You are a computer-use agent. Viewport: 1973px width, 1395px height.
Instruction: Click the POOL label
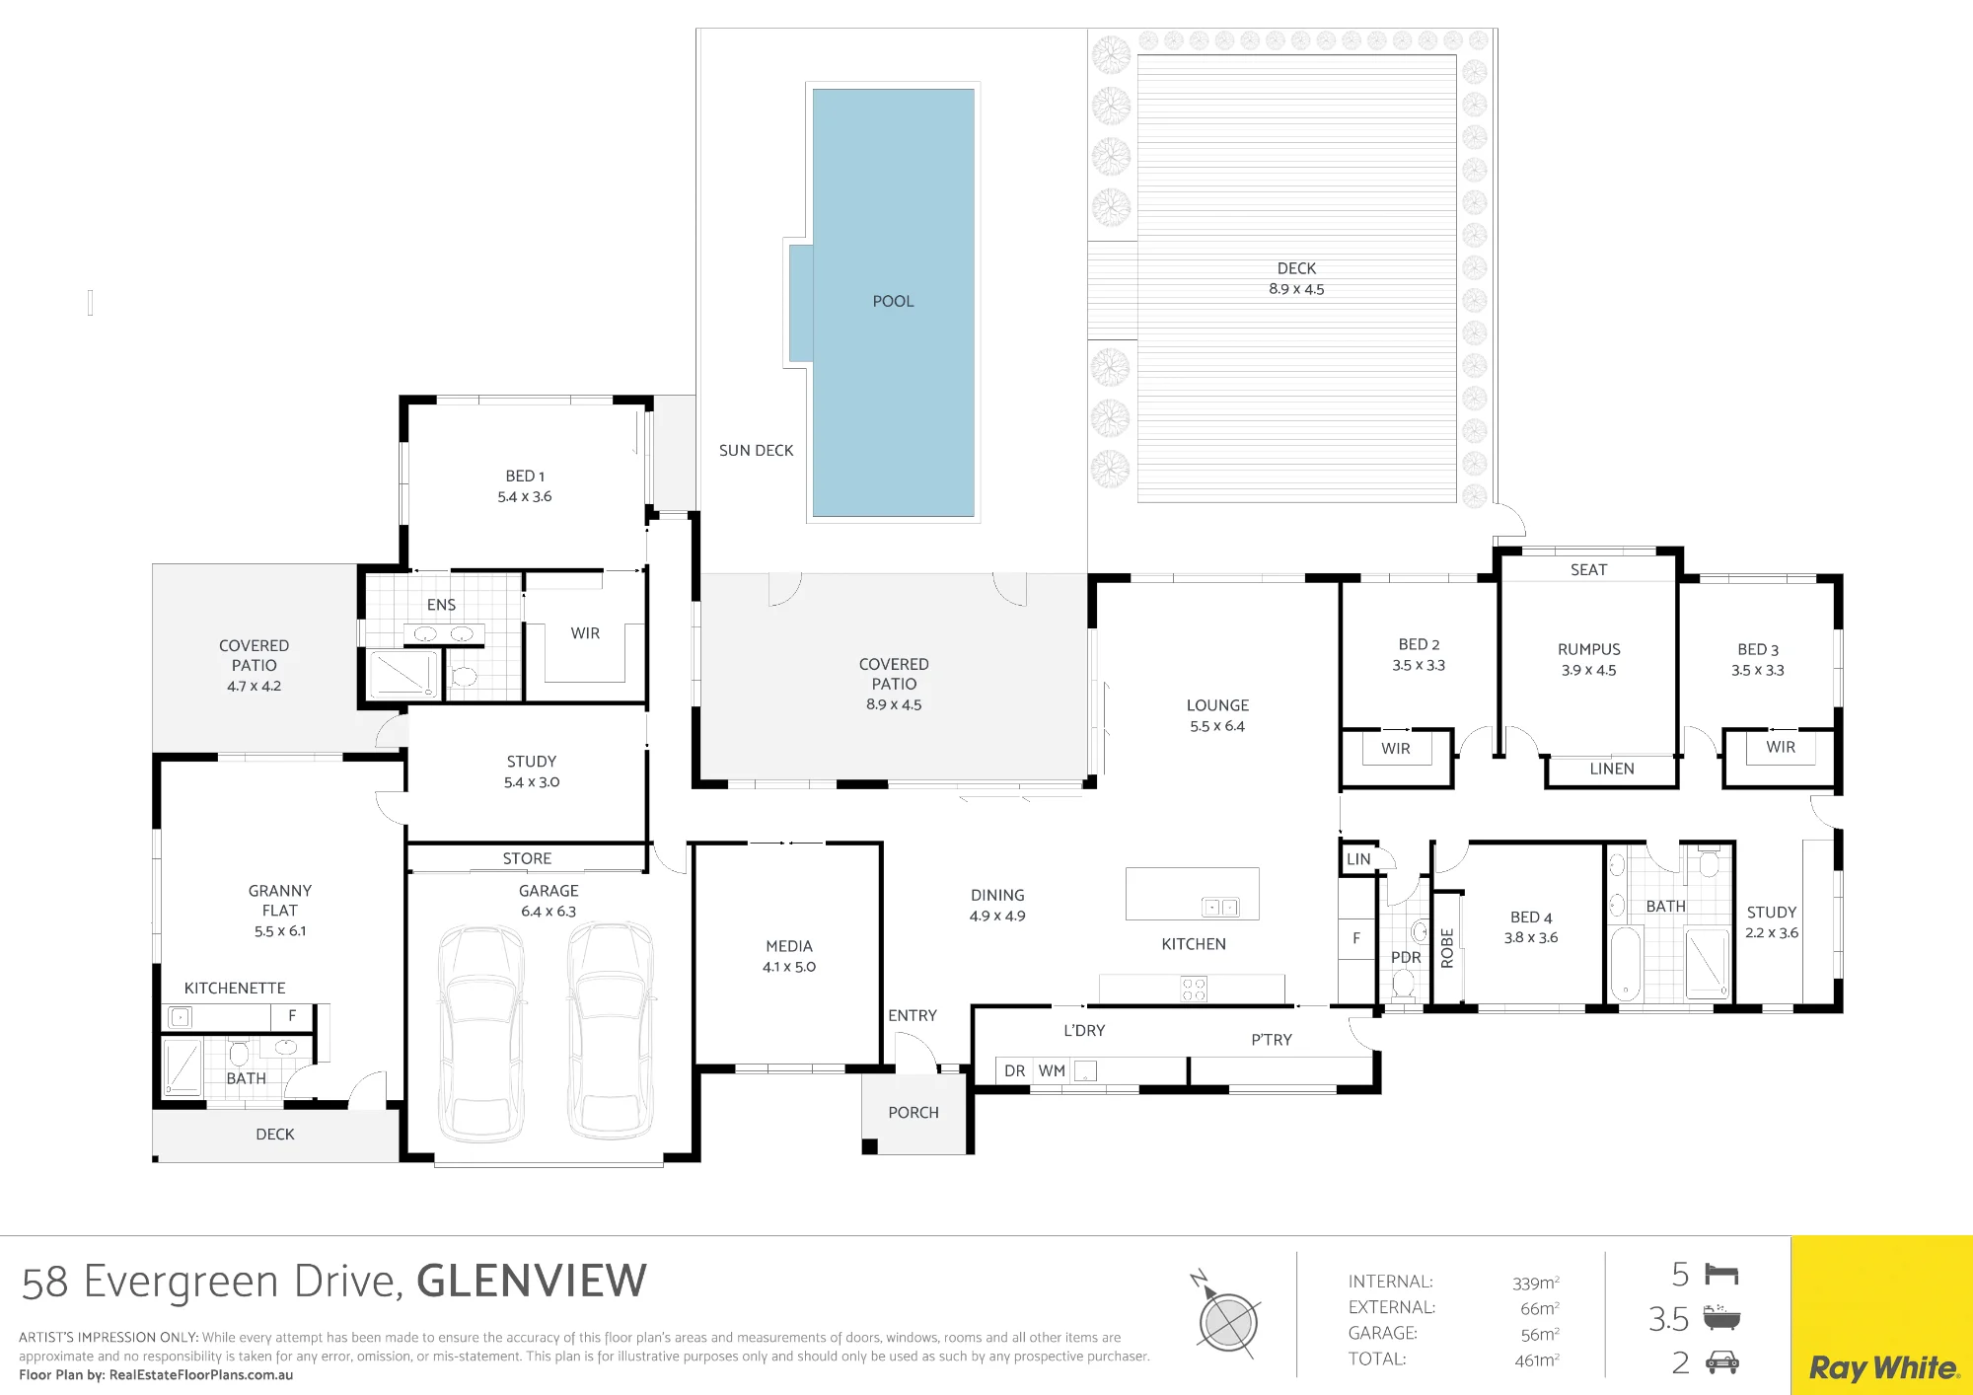[x=893, y=301]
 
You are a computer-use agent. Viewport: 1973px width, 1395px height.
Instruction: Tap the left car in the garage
[x=482, y=1032]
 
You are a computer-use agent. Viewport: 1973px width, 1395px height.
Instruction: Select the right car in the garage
[x=611, y=1030]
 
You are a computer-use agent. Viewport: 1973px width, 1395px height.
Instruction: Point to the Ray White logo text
[x=1883, y=1368]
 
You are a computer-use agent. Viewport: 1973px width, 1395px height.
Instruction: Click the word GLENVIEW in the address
[x=532, y=1282]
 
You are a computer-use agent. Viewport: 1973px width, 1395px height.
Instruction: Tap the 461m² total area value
[x=1537, y=1359]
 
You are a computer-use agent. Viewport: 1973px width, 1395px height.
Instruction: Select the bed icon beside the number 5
[x=1721, y=1274]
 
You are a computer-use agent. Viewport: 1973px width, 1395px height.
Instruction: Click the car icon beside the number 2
[x=1722, y=1362]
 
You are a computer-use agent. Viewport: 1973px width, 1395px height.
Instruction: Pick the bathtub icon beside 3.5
[x=1721, y=1317]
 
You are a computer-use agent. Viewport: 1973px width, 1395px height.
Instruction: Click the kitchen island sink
[x=1220, y=907]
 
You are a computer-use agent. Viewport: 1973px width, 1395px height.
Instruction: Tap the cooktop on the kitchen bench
[x=1194, y=989]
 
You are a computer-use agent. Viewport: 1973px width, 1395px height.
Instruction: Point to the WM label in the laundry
[x=1052, y=1070]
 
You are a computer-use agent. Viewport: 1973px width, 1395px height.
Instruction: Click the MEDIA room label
[x=789, y=946]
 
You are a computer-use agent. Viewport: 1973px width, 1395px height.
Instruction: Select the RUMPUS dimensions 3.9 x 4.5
[x=1588, y=670]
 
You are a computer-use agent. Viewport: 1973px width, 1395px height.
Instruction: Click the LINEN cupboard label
[x=1612, y=769]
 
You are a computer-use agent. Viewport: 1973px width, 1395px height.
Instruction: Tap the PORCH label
[x=913, y=1112]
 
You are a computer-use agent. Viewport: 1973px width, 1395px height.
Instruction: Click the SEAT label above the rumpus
[x=1588, y=569]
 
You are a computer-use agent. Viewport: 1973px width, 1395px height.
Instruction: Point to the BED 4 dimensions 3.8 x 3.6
[x=1531, y=937]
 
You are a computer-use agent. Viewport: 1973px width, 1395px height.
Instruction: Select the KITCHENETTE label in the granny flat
[x=235, y=988]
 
